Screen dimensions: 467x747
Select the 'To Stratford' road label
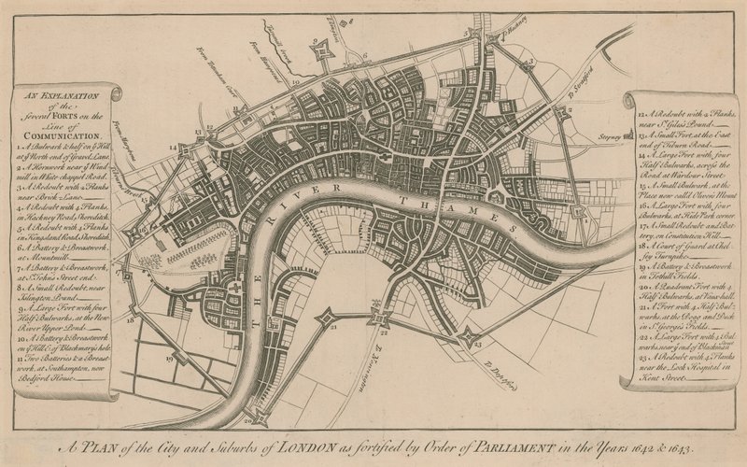click(x=582, y=91)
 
